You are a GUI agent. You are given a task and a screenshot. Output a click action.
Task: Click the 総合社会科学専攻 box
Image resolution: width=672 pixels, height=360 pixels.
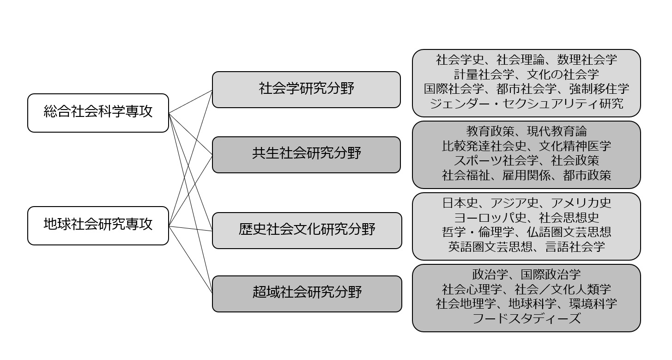coord(98,113)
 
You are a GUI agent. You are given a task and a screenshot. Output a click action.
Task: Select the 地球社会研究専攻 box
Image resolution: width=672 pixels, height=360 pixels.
coord(98,226)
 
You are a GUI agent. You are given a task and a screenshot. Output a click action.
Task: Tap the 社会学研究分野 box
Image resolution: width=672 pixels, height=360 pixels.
coord(306,90)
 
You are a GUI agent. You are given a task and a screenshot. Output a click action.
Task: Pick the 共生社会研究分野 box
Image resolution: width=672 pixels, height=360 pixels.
coord(306,155)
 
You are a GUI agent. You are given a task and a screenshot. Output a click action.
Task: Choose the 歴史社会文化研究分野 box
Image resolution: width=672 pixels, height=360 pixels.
coord(307,231)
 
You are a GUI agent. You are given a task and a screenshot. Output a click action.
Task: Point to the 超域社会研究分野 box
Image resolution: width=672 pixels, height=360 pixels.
coord(307,294)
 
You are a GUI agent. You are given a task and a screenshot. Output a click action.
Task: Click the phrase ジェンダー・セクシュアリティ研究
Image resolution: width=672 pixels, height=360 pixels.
coord(527,104)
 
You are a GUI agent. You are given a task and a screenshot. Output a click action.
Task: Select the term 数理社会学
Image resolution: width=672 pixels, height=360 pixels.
coord(587,60)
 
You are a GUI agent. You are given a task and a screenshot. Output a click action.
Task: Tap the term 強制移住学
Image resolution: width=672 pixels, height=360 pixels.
coord(599,89)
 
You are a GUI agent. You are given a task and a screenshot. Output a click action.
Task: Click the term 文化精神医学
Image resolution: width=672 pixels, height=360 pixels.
coord(575,146)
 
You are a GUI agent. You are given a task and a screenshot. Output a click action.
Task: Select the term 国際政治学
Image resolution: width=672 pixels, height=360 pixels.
coord(551,275)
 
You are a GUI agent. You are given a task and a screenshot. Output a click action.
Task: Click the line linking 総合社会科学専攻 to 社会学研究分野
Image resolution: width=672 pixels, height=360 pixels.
coord(190,102)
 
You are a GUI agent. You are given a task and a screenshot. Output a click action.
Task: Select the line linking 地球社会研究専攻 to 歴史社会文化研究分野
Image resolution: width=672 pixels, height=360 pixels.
coord(190,228)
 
